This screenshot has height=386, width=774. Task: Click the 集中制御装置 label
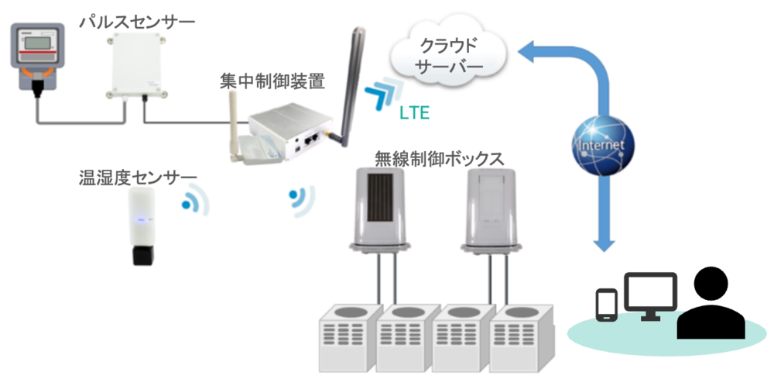point(271,80)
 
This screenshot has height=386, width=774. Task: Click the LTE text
point(414,113)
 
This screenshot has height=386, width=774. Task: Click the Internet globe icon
point(602,143)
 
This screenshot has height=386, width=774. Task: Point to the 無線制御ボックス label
point(439,157)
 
